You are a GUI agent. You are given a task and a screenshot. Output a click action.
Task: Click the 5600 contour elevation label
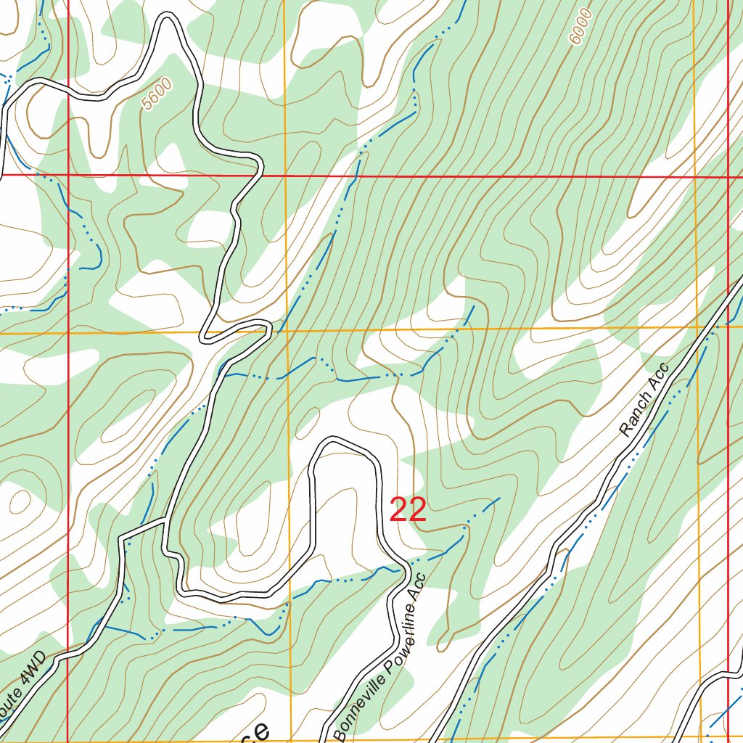pos(157,94)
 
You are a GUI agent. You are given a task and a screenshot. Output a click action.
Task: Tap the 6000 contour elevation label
pos(581,28)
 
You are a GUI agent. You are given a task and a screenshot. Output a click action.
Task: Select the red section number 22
pos(408,510)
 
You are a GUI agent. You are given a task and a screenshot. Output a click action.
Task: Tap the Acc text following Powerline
pos(419,592)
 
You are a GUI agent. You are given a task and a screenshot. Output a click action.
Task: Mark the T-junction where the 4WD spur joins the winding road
pos(165,521)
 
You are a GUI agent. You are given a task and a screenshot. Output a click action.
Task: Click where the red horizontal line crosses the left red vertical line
pos(67,175)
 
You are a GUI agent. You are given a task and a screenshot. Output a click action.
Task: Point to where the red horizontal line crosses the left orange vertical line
pos(285,176)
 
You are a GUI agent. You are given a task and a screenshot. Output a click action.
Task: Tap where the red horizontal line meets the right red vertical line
pos(728,176)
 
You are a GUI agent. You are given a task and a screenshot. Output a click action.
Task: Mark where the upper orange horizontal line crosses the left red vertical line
pos(68,333)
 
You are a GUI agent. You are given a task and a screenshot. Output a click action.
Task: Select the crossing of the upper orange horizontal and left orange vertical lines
pos(287,332)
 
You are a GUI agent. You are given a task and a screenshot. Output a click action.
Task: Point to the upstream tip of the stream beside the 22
pos(498,498)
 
